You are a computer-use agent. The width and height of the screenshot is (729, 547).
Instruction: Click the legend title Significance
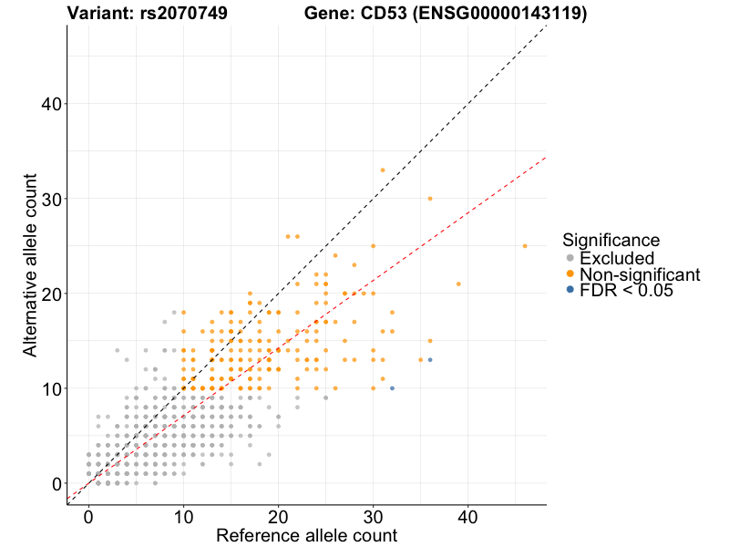coord(611,241)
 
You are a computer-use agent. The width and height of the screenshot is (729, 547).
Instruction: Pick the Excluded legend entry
coord(617,258)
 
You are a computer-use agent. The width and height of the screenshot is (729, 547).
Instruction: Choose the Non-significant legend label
coord(640,274)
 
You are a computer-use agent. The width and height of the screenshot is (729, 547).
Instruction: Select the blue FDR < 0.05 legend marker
coord(570,290)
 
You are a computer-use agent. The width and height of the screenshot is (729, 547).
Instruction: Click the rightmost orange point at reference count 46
coord(525,246)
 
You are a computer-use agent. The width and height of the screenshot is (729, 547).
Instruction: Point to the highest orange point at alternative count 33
coord(383,170)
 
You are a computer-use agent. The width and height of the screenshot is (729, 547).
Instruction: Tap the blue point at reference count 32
coord(392,388)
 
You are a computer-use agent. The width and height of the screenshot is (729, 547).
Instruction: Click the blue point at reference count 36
coord(430,360)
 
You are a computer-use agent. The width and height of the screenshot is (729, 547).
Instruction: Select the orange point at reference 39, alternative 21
coord(458,284)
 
